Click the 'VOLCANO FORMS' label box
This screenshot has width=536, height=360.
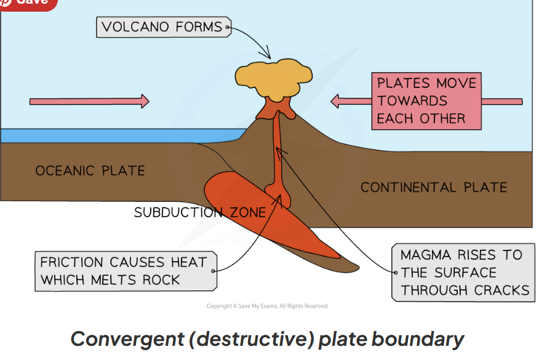[162, 27]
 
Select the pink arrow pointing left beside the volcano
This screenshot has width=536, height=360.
[351, 101]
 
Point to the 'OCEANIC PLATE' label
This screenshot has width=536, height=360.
[90, 171]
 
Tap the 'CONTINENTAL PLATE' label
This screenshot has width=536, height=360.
[433, 187]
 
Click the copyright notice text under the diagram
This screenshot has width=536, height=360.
[267, 306]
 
